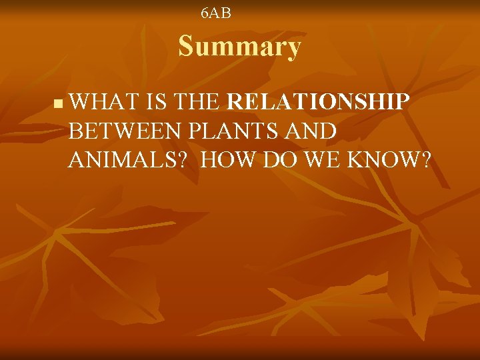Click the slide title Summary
pos(239,47)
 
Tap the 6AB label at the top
pos(216,13)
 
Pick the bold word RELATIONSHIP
pos(318,103)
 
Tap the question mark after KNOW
pos(424,160)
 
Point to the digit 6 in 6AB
pos(205,13)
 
